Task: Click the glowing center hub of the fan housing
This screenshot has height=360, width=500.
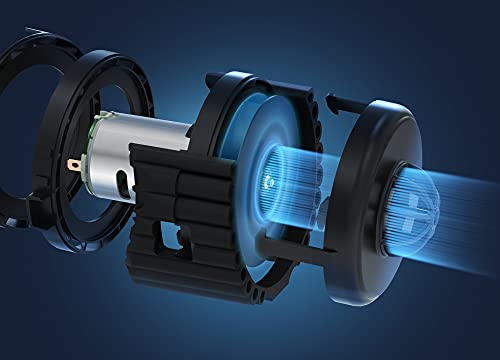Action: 272,180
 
